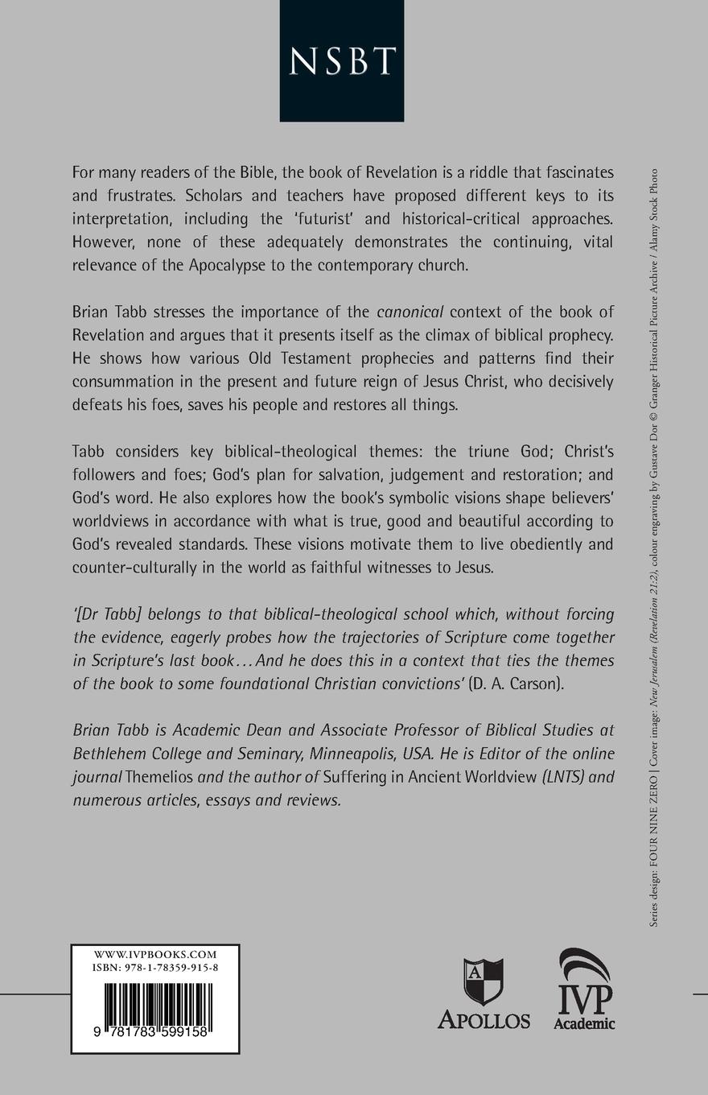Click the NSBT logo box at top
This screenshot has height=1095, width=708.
click(342, 61)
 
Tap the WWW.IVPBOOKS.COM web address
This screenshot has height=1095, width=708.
click(156, 955)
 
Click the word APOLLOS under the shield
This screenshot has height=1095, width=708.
click(484, 1019)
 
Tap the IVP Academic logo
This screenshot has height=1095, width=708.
click(585, 990)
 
